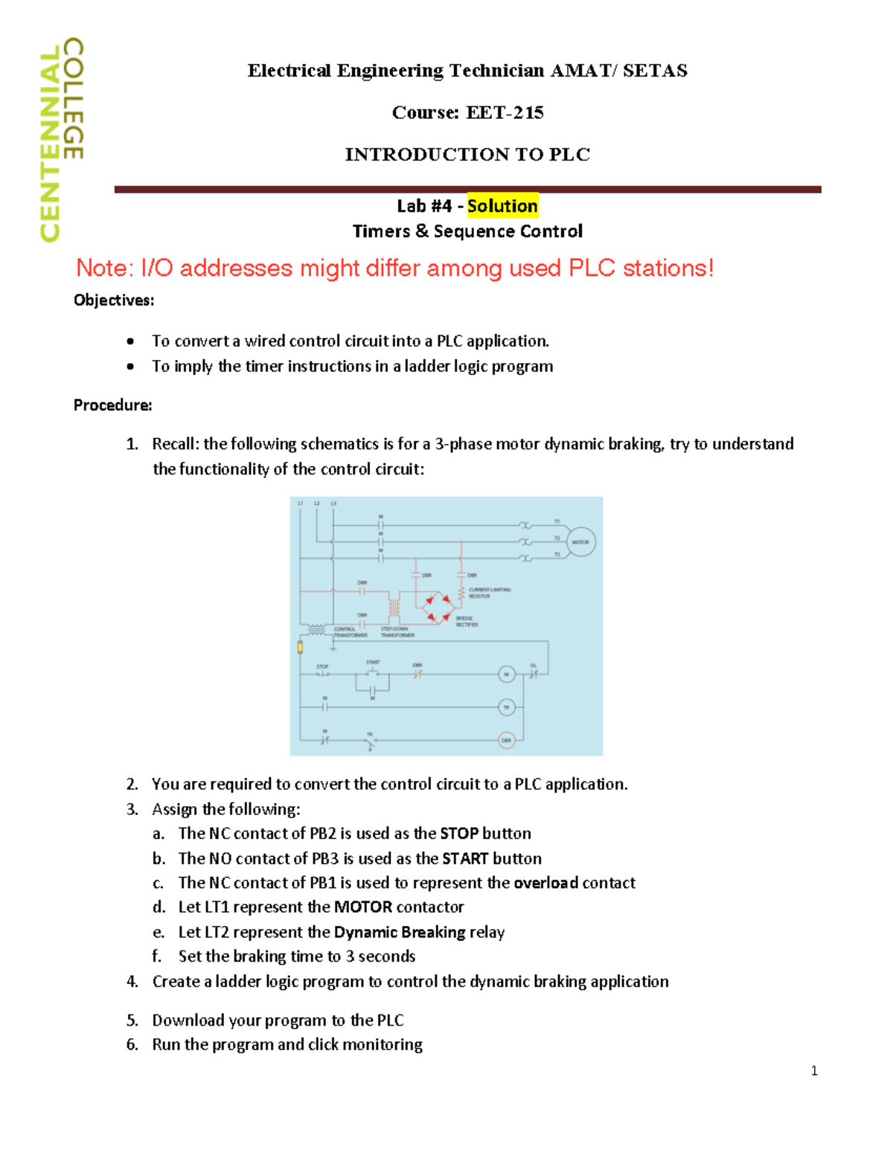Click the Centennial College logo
tap(61, 139)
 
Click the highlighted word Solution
tap(502, 206)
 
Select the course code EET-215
tap(505, 112)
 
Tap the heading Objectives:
tap(114, 300)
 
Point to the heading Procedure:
tap(112, 405)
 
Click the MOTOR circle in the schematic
tap(580, 542)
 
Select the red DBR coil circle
tap(506, 740)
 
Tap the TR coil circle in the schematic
tap(506, 707)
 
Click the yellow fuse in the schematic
tap(300, 647)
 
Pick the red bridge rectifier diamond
tap(437, 608)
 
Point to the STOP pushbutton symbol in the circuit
tap(323, 674)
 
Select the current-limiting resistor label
tap(489, 593)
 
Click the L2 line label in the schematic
tap(317, 504)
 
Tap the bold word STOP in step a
tap(459, 834)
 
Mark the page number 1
tap(814, 1071)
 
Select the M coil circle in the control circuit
tap(506, 675)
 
